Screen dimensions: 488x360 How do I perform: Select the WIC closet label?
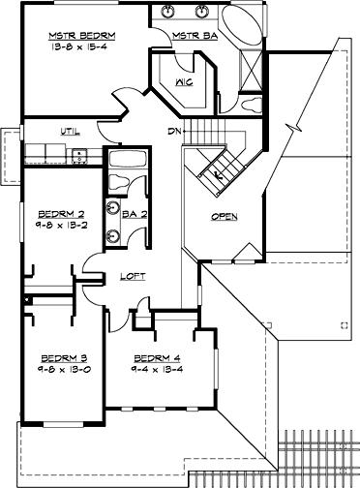[x=187, y=82]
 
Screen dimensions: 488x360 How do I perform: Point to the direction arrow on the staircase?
[x=218, y=175]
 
